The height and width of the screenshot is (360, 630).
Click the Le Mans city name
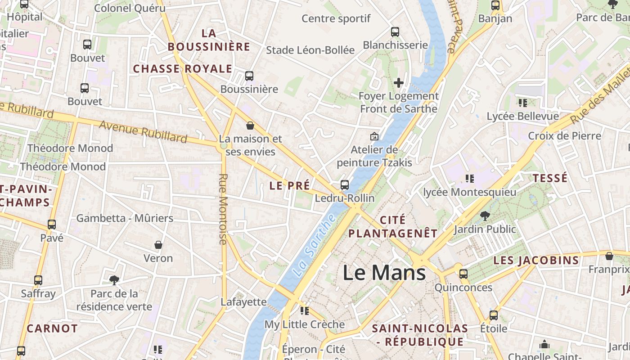click(x=384, y=273)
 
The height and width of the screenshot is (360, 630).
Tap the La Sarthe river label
click(x=314, y=245)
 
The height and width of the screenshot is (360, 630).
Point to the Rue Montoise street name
click(x=223, y=209)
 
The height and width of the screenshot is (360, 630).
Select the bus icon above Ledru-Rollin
click(x=345, y=185)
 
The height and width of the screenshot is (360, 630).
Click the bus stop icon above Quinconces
click(x=463, y=274)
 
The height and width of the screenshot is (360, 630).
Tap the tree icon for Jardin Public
click(x=485, y=216)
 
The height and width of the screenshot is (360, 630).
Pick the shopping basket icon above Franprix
click(x=609, y=256)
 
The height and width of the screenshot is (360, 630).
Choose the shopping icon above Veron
click(x=158, y=245)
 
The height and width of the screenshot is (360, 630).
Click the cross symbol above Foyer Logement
click(x=398, y=83)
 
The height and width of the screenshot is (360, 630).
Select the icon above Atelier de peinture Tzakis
click(x=374, y=136)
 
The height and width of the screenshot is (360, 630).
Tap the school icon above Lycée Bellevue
click(x=522, y=103)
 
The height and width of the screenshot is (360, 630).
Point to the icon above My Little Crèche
click(x=305, y=311)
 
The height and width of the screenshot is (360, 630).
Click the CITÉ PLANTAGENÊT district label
click(x=393, y=227)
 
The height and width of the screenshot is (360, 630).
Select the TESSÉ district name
click(x=550, y=178)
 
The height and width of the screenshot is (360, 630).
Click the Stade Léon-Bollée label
click(x=310, y=50)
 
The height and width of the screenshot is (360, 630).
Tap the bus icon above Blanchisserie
click(x=395, y=31)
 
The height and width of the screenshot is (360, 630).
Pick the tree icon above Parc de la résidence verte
click(x=114, y=280)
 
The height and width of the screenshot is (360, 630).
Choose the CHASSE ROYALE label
click(x=182, y=69)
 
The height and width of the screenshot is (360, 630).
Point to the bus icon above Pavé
click(x=52, y=225)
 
